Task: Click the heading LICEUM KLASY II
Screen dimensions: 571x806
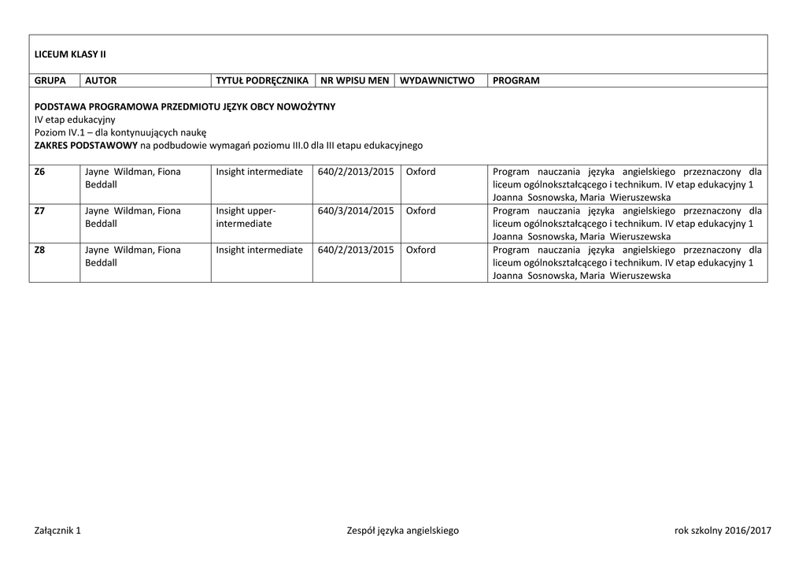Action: (x=70, y=54)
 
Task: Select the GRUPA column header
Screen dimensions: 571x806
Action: (x=50, y=80)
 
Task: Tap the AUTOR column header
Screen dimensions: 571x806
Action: (x=100, y=80)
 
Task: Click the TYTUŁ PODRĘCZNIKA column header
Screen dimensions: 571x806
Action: (x=262, y=80)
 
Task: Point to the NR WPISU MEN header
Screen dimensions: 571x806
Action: (x=354, y=80)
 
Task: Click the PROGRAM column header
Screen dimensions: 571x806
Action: (x=516, y=80)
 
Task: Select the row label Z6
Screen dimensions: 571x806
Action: (x=40, y=172)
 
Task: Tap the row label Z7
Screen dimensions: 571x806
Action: (x=40, y=210)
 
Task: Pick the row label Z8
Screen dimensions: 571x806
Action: (x=40, y=250)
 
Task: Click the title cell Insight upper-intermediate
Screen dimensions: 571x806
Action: (x=246, y=217)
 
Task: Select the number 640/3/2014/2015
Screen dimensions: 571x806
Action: (x=356, y=210)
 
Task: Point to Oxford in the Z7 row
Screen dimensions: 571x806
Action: (x=420, y=210)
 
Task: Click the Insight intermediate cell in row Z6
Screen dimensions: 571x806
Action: (x=259, y=172)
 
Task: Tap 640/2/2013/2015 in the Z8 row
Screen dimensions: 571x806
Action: (x=356, y=250)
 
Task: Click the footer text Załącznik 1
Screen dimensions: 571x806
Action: (x=57, y=531)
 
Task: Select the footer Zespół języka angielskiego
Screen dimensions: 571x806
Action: (x=402, y=531)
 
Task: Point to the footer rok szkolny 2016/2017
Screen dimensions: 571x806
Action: (x=723, y=531)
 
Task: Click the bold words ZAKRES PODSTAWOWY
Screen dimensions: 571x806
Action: (x=86, y=146)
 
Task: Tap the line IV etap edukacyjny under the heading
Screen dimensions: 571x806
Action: (x=75, y=119)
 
